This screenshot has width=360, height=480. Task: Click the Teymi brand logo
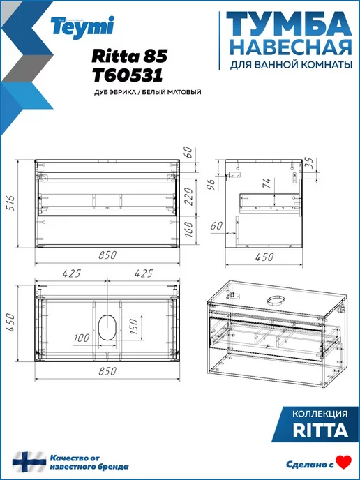click(x=82, y=27)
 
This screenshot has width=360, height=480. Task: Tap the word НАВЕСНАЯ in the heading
click(x=290, y=47)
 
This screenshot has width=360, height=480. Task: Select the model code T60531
click(x=128, y=75)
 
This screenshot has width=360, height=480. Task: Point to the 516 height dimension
click(x=10, y=204)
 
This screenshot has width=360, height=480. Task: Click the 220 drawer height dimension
click(x=188, y=197)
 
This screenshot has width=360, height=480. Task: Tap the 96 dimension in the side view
click(x=211, y=183)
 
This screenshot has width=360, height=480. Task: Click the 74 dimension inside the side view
click(x=267, y=183)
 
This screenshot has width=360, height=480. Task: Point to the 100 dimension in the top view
click(x=82, y=338)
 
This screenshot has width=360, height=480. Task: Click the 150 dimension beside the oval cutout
click(x=133, y=326)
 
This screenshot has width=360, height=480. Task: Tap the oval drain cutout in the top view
click(x=107, y=327)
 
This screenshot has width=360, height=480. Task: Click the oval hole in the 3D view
click(x=276, y=301)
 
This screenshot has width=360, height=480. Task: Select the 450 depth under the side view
click(x=264, y=257)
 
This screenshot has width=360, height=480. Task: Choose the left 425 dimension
click(x=72, y=273)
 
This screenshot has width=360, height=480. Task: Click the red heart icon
click(x=344, y=463)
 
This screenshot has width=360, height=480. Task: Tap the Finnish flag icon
click(x=29, y=462)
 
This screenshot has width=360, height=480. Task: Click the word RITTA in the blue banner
click(x=320, y=430)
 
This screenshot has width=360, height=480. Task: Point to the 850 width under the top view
click(x=107, y=371)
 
